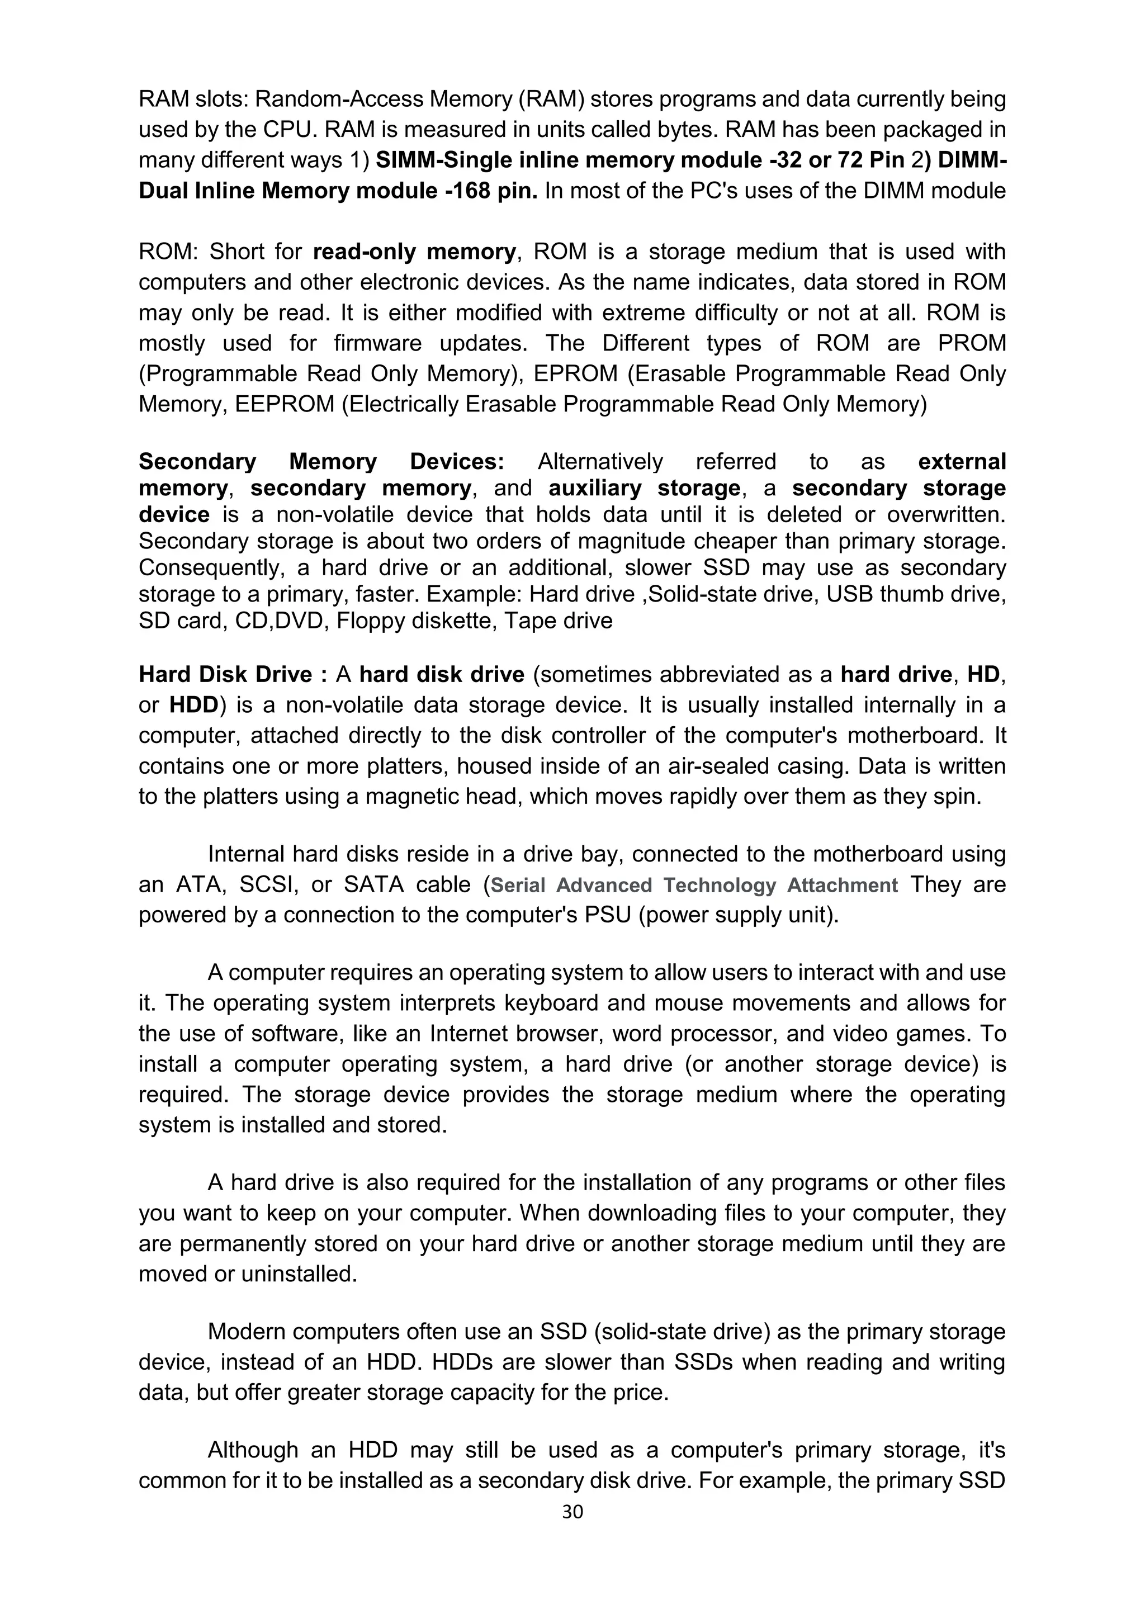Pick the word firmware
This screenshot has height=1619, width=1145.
pyautogui.click(x=378, y=343)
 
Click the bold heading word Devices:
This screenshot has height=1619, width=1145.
pyautogui.click(x=457, y=462)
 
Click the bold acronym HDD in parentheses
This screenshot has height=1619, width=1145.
pyautogui.click(x=194, y=705)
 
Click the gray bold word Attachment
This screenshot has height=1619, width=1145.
pyautogui.click(x=843, y=886)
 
